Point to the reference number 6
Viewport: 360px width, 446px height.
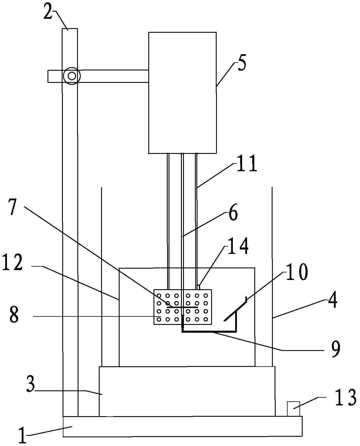click(x=233, y=213)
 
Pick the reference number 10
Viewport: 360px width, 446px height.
click(x=297, y=272)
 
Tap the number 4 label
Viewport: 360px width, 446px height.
click(x=332, y=301)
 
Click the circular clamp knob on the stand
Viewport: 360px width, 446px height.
click(x=72, y=76)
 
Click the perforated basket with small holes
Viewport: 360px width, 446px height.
click(x=183, y=307)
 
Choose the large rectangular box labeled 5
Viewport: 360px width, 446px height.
click(x=182, y=93)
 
